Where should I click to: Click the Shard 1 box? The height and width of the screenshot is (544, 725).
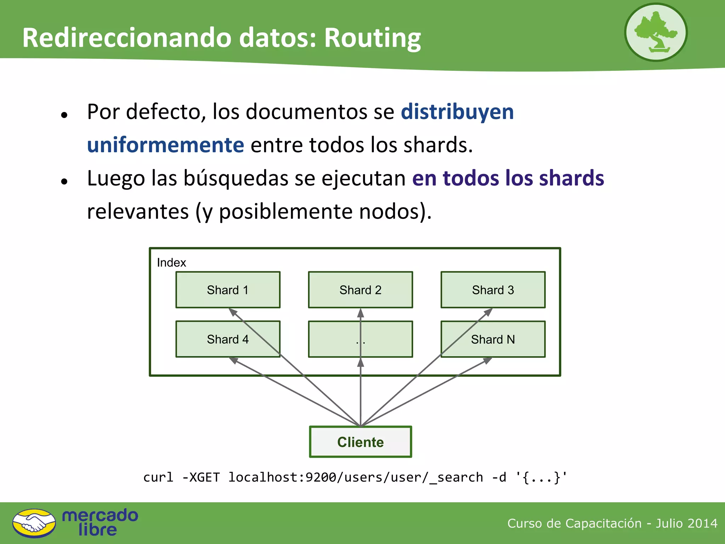pos(228,290)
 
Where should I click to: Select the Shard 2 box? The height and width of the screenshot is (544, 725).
pos(360,290)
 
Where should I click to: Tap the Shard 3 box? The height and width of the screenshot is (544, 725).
pos(493,290)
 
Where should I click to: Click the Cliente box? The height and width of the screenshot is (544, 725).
pos(360,442)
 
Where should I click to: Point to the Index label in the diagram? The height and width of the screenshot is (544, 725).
pos(171,262)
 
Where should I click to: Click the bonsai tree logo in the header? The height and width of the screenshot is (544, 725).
pos(656,32)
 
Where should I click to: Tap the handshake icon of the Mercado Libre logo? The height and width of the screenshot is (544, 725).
pos(34,523)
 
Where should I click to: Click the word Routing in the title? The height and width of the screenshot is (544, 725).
pos(372,38)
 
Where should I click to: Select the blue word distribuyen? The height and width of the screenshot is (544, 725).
pos(457,112)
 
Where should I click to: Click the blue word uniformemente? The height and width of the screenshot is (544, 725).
pos(165,145)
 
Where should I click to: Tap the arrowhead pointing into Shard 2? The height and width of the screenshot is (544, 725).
pos(360,313)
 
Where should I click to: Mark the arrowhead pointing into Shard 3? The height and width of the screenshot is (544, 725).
pos(488,312)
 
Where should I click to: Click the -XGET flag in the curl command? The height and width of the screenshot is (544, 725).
pos(201,477)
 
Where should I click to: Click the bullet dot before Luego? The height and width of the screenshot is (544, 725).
pos(64,181)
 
